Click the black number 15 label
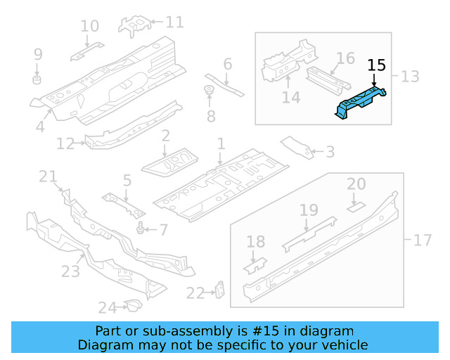pos(377,65)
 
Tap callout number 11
pos(174,22)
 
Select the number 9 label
pos(38,54)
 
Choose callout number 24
pos(106,307)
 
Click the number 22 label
pos(195,293)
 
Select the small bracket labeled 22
pos(219,290)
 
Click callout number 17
pos(422,240)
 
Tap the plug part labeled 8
pos(209,91)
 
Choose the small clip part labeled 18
pos(256,265)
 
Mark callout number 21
pos(48,176)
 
